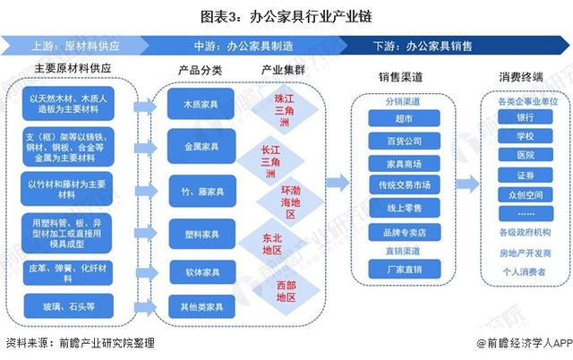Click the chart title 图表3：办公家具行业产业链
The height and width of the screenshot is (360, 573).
click(x=286, y=15)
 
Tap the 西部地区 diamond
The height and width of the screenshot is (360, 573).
click(x=284, y=291)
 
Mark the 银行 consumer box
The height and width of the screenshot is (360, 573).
click(x=526, y=117)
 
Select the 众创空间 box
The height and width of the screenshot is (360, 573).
click(x=526, y=194)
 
